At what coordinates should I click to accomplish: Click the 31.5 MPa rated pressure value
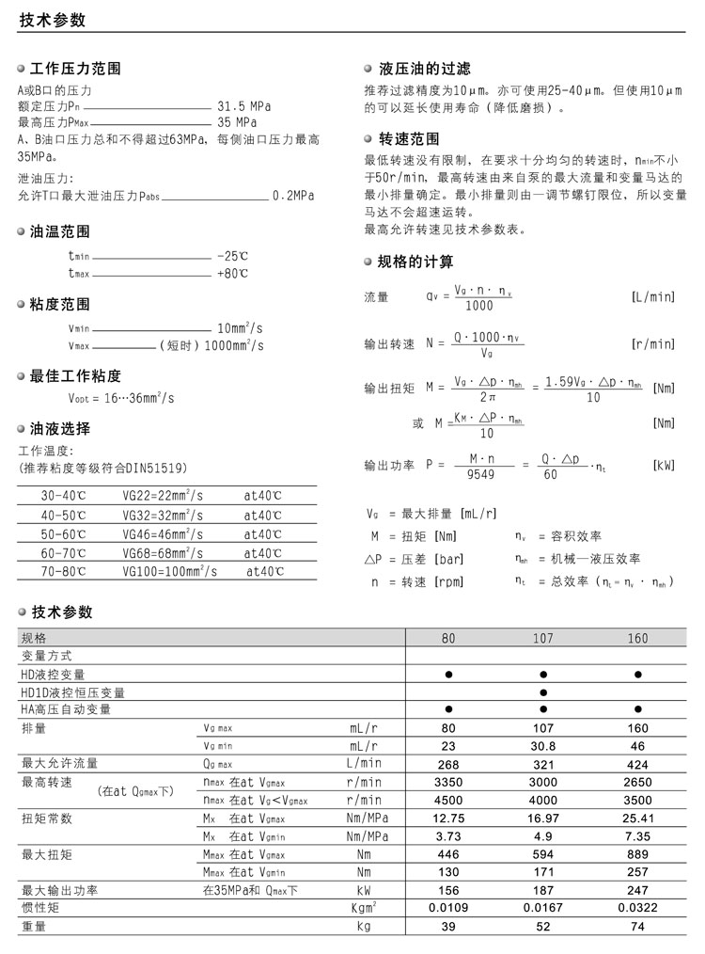pyautogui.click(x=243, y=106)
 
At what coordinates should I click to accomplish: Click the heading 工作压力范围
pyautogui.click(x=75, y=69)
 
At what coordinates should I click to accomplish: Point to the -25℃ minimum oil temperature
pyautogui.click(x=232, y=256)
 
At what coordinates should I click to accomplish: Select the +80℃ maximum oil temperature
pyautogui.click(x=232, y=274)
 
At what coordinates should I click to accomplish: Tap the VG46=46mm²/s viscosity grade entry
pyautogui.click(x=163, y=534)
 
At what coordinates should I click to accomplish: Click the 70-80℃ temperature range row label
pyautogui.click(x=63, y=571)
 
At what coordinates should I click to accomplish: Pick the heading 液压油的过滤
pyautogui.click(x=424, y=69)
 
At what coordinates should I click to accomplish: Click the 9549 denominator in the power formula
pyautogui.click(x=480, y=474)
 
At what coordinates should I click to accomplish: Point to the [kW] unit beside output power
pyautogui.click(x=663, y=466)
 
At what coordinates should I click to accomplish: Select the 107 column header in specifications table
pyautogui.click(x=542, y=638)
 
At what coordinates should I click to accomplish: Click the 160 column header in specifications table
pyautogui.click(x=637, y=638)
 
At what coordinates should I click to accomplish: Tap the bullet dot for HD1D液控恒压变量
pyautogui.click(x=542, y=692)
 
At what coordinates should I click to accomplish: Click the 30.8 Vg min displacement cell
pyautogui.click(x=542, y=745)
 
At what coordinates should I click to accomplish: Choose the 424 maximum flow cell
pyautogui.click(x=637, y=763)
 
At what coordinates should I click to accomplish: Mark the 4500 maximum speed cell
pyautogui.click(x=448, y=800)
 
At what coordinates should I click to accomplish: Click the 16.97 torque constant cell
pyautogui.click(x=542, y=818)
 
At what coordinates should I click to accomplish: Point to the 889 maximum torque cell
pyautogui.click(x=637, y=854)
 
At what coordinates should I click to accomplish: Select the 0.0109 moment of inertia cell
pyautogui.click(x=448, y=909)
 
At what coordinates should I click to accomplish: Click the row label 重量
pyautogui.click(x=34, y=927)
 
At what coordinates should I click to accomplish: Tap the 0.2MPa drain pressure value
pyautogui.click(x=292, y=196)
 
